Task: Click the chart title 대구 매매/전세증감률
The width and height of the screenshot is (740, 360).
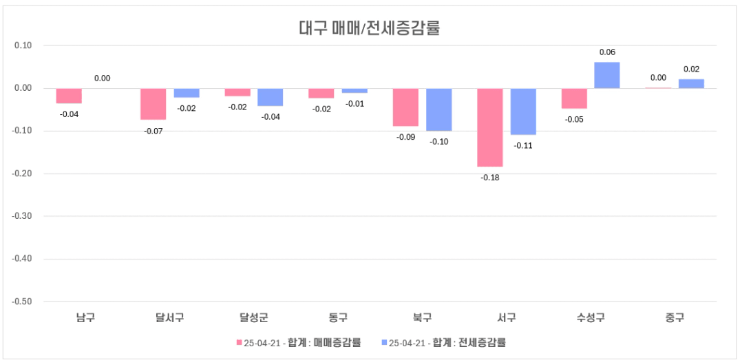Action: click(x=369, y=28)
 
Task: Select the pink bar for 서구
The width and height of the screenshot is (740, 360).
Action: click(x=490, y=127)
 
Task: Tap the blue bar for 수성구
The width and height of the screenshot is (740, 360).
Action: click(x=606, y=75)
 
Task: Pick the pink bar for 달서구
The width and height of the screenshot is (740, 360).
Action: click(x=154, y=104)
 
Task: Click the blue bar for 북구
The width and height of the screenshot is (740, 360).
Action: click(x=438, y=109)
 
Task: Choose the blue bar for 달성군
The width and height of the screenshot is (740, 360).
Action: click(x=271, y=97)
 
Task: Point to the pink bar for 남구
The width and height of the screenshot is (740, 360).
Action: click(x=69, y=96)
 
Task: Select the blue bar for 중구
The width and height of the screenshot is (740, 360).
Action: click(x=691, y=84)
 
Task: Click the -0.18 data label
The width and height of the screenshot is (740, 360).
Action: click(x=490, y=178)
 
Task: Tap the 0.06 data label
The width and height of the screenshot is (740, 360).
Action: click(x=607, y=52)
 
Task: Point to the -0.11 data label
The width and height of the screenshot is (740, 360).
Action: click(x=523, y=145)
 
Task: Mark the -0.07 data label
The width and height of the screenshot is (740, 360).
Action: click(x=153, y=131)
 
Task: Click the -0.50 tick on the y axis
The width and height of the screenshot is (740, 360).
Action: click(x=23, y=301)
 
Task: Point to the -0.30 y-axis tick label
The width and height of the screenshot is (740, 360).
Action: click(x=23, y=216)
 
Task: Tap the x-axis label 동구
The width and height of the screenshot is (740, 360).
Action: click(x=338, y=317)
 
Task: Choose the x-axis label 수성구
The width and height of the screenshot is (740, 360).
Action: click(x=591, y=317)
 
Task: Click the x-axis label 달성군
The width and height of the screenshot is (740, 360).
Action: click(x=254, y=317)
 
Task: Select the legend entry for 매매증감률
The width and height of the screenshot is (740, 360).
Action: click(x=298, y=342)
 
